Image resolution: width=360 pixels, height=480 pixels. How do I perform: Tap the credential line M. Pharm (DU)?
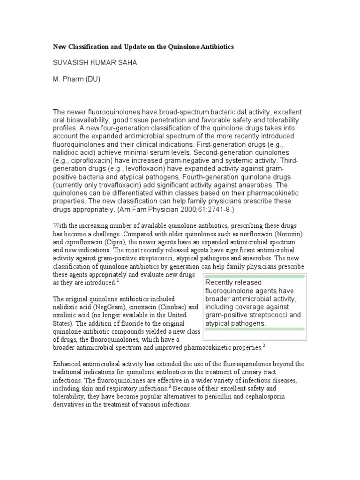[76, 79]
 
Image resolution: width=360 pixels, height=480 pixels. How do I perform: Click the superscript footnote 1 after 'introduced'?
[118, 281]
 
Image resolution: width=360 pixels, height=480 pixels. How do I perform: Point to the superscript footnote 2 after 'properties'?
[264, 346]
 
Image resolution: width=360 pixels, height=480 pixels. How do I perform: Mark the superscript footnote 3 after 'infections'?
[169, 387]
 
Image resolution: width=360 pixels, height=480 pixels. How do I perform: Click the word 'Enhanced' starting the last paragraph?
[67, 364]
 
